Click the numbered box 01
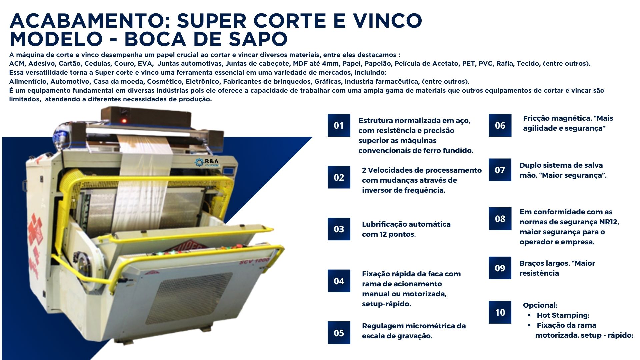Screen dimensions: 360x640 339,125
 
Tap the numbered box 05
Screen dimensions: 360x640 339,333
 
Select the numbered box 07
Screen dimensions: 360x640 500,170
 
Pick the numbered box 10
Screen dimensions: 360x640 500,312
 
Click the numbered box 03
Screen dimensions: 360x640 339,229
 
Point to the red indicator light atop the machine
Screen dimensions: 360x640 124,121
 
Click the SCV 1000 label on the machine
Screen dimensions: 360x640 254,261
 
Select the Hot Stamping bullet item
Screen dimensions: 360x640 563,315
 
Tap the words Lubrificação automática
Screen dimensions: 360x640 406,224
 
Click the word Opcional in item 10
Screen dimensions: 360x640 540,305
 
